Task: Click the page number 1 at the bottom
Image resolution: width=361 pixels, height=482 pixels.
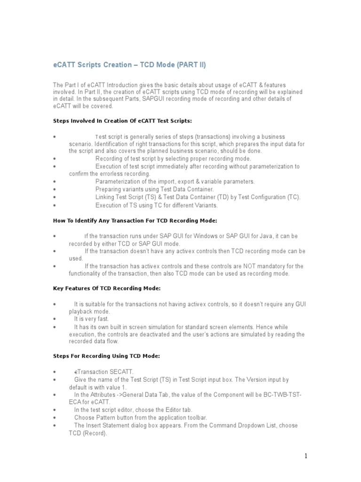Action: pyautogui.click(x=306, y=456)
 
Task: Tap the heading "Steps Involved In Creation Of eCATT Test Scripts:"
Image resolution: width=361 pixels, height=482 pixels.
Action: pyautogui.click(x=122, y=121)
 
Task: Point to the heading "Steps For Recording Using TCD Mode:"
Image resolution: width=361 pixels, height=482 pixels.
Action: pyautogui.click(x=106, y=356)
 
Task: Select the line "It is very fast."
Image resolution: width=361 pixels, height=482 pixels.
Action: pyautogui.click(x=91, y=319)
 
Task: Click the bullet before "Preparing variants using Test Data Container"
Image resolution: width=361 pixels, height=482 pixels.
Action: pyautogui.click(x=55, y=190)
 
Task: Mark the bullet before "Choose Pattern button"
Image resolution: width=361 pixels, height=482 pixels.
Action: pyautogui.click(x=55, y=418)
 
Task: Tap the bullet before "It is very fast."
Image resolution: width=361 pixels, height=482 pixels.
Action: pyautogui.click(x=55, y=319)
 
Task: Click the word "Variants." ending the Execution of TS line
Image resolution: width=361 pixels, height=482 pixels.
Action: pyautogui.click(x=206, y=205)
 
